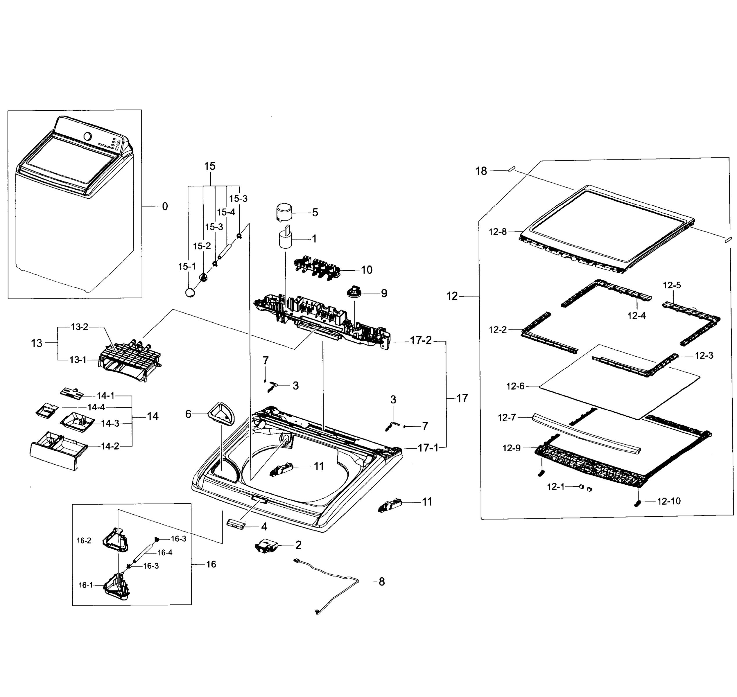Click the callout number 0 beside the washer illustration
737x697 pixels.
(x=165, y=206)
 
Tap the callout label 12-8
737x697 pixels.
(x=497, y=232)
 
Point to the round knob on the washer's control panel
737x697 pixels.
(x=88, y=136)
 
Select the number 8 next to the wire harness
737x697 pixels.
(x=382, y=582)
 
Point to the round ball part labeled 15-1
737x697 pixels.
(x=190, y=292)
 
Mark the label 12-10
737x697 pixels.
(x=669, y=501)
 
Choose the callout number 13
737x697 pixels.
(x=36, y=343)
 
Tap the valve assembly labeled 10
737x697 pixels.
(x=317, y=267)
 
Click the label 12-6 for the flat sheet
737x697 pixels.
(x=515, y=386)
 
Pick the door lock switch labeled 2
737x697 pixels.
(x=266, y=546)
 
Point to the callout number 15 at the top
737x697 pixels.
(x=210, y=166)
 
